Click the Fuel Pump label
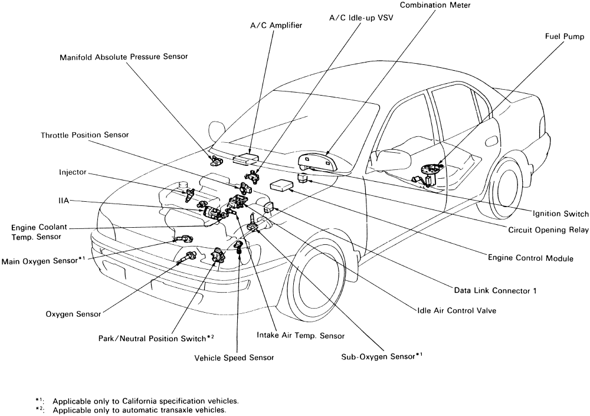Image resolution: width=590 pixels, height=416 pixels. pos(565,37)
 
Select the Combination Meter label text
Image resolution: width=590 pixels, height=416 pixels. pos(435,5)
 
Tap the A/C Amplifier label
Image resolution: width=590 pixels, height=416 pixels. pos(276,25)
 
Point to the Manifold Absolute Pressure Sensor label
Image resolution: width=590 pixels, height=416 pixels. pos(124,57)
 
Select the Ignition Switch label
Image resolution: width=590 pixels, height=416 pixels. pos(560,214)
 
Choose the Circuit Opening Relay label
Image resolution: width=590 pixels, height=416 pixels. pos(548,230)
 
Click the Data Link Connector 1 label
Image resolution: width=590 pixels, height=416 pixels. pos(495,291)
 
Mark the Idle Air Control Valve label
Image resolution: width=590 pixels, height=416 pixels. pos(457,311)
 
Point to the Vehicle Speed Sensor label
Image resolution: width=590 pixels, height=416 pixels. pos(234,358)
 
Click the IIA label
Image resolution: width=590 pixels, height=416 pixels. pos(64,201)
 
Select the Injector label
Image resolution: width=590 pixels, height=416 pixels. pos(73,172)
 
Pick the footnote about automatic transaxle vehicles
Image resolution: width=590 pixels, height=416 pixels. pos(131,410)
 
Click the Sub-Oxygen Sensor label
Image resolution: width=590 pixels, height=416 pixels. pos(382,356)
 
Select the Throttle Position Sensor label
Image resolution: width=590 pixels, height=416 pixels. pos(84,135)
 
